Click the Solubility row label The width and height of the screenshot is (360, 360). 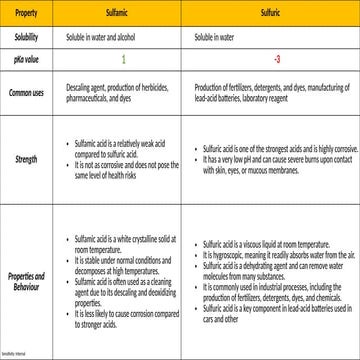click(x=27, y=38)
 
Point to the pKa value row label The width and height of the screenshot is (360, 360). click(x=27, y=59)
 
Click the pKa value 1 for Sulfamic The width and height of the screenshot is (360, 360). click(x=124, y=59)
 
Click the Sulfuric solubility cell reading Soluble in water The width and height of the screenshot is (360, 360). click(x=219, y=38)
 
